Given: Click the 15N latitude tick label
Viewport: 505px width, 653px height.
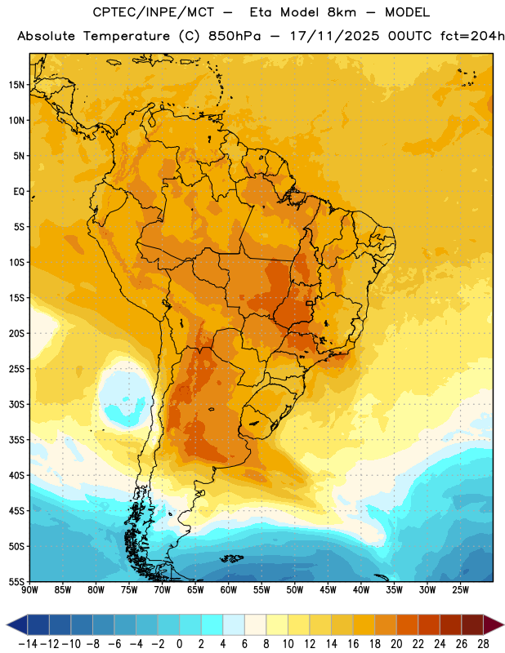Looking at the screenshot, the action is pyautogui.click(x=16, y=85).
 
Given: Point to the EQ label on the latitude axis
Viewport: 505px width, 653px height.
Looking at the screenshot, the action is pyautogui.click(x=19, y=192).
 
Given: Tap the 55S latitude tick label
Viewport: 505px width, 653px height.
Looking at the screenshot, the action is pyautogui.click(x=16, y=581).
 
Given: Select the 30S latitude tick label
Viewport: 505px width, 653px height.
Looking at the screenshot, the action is pyautogui.click(x=16, y=404).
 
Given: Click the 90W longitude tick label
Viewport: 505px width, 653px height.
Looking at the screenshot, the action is pyautogui.click(x=29, y=589).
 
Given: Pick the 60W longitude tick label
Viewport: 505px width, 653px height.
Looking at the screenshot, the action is pyautogui.click(x=229, y=589).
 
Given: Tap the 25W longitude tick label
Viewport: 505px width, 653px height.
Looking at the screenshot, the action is pyautogui.click(x=460, y=589).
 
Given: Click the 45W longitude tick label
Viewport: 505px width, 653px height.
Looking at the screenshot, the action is pyautogui.click(x=328, y=589).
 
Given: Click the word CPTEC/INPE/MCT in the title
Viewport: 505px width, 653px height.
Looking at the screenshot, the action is pyautogui.click(x=154, y=12).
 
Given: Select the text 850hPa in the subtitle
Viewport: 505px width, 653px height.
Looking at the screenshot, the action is pyautogui.click(x=235, y=36).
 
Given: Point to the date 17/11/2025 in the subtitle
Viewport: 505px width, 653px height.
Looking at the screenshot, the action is pyautogui.click(x=334, y=36).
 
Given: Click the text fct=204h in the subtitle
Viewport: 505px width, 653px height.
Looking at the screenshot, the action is pyautogui.click(x=472, y=36).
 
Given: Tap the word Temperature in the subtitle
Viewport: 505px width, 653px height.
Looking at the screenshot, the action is pyautogui.click(x=127, y=36).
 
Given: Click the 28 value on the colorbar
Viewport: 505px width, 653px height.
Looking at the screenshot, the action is pyautogui.click(x=483, y=644).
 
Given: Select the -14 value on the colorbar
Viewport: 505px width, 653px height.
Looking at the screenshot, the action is pyautogui.click(x=28, y=644).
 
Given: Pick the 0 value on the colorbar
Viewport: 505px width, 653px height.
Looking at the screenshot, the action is pyautogui.click(x=179, y=644).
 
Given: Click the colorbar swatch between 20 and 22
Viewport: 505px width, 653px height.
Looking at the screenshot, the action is pyautogui.click(x=408, y=624).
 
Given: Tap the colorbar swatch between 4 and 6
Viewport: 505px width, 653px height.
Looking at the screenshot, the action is pyautogui.click(x=234, y=624).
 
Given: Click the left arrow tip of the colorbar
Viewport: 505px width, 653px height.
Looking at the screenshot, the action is pyautogui.click(x=7, y=624).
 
